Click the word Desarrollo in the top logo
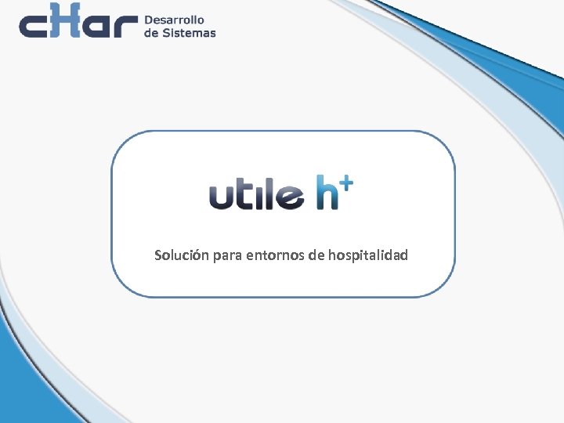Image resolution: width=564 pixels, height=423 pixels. (x=174, y=19)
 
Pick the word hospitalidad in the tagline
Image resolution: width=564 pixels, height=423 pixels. (x=368, y=255)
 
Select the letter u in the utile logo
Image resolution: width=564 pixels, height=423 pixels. (x=222, y=197)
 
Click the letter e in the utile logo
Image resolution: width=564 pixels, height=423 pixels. (x=290, y=197)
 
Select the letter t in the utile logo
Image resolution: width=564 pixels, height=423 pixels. (x=244, y=196)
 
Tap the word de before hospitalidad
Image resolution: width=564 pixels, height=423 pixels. (x=316, y=255)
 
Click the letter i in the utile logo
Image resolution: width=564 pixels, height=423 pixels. (x=258, y=196)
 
